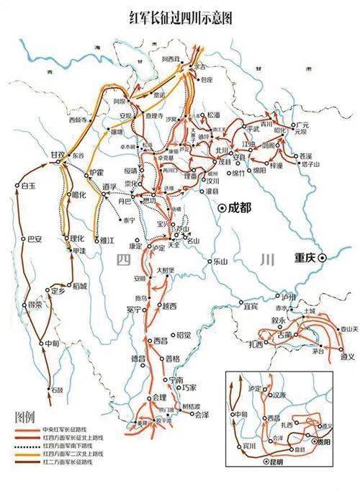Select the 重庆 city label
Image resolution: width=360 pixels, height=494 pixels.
click(306, 256)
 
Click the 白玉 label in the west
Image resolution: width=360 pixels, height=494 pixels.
click(29, 186)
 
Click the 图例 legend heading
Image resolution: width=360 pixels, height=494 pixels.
click(26, 417)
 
